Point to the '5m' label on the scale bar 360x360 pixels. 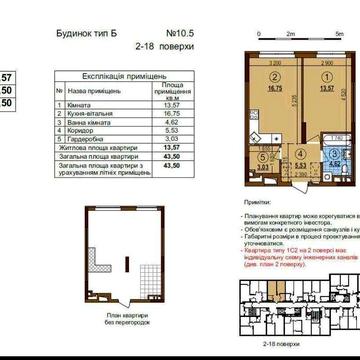(327, 33)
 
